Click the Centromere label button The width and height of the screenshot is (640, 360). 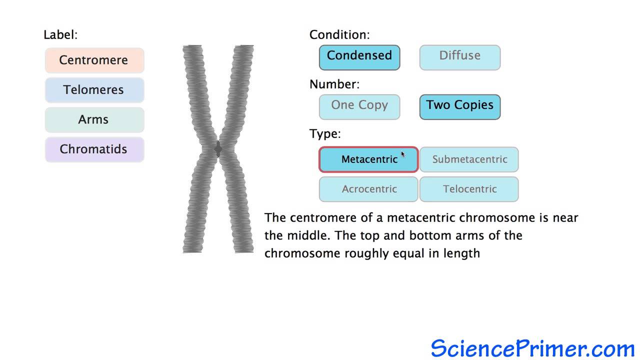tap(94, 60)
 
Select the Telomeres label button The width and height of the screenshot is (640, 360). tap(94, 90)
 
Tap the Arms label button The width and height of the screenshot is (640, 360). tap(94, 119)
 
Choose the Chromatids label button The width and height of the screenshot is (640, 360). tap(94, 149)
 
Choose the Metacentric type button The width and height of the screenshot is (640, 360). tap(369, 159)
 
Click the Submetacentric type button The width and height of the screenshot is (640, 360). tap(469, 159)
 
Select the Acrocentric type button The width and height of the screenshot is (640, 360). tap(369, 189)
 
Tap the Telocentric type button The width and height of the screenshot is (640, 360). tap(469, 189)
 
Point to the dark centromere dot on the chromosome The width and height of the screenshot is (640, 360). tap(218, 149)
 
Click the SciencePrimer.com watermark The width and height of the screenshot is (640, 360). tap(532, 348)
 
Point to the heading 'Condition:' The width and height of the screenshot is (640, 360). tap(339, 35)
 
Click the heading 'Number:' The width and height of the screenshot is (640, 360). tap(334, 84)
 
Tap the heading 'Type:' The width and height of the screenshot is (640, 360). tap(325, 134)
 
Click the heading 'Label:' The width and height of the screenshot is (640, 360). tap(60, 35)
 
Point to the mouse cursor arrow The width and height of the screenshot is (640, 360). tap(403, 154)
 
